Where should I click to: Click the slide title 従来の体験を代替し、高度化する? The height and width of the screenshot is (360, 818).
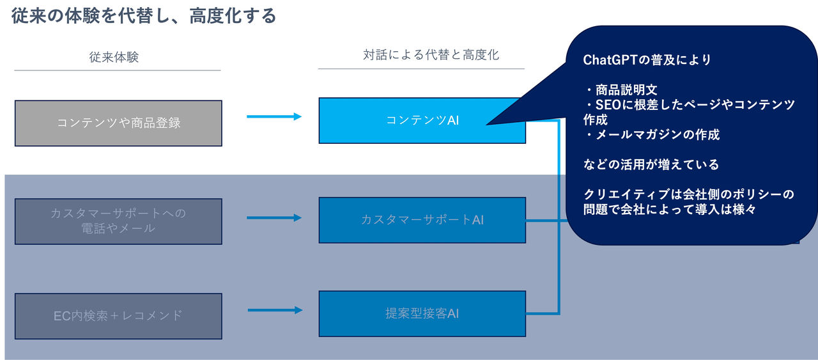point(144,15)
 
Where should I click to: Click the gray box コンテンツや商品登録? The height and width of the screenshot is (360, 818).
point(118,123)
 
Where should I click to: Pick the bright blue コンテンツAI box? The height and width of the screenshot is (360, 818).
point(422,120)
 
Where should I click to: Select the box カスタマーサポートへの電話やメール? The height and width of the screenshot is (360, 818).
point(118,221)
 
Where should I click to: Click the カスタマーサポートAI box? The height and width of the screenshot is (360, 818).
point(422,220)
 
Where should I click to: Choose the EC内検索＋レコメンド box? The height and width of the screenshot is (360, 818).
point(118,315)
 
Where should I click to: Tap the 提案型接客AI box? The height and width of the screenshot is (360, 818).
point(422,314)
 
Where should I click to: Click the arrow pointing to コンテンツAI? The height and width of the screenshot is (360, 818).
point(274,116)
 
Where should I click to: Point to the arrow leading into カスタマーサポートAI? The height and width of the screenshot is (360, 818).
point(274,218)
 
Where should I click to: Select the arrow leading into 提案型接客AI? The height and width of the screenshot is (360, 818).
point(275,310)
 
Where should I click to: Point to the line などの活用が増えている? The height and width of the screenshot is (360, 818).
point(651,165)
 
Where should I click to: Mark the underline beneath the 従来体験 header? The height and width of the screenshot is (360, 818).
point(118,70)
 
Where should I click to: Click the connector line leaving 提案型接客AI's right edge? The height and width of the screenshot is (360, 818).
point(543,313)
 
